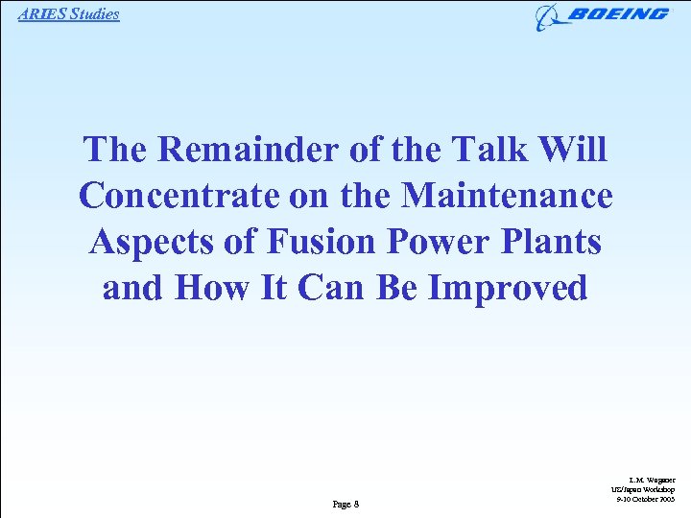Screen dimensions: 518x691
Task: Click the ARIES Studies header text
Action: point(68,13)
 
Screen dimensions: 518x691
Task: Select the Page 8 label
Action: point(345,504)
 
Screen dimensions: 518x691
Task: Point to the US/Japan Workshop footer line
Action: point(649,489)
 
